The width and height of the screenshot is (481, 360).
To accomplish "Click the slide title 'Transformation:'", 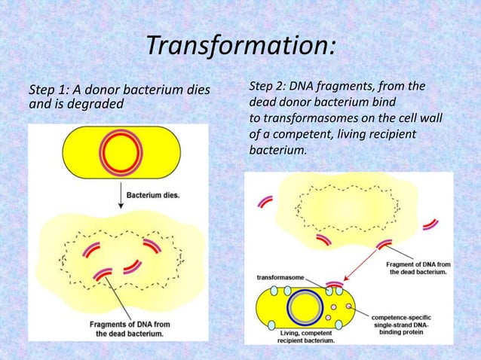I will tap(240, 46).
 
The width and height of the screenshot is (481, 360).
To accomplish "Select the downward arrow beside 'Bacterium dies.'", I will tap(118, 197).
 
